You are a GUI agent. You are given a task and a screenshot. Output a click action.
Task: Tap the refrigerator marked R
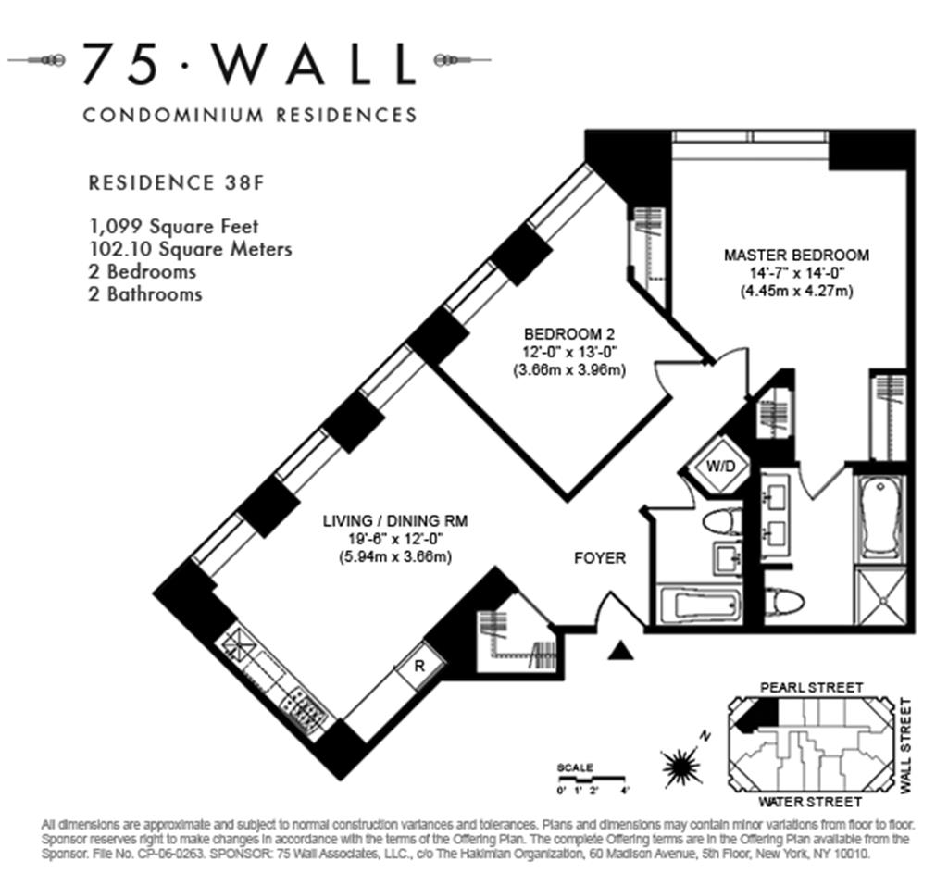click(419, 666)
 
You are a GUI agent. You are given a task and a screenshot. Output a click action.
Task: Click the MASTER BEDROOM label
click(796, 256)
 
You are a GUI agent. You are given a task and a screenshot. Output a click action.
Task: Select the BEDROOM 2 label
click(569, 334)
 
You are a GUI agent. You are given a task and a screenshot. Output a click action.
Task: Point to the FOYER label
click(600, 558)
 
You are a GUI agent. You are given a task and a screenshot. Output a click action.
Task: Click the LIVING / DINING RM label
click(394, 520)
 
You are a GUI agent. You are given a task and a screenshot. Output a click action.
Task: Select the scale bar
click(591, 779)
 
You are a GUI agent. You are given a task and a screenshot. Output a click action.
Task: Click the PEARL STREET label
click(811, 688)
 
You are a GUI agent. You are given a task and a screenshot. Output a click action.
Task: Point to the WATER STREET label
click(809, 803)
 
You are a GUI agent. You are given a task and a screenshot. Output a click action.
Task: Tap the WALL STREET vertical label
click(905, 746)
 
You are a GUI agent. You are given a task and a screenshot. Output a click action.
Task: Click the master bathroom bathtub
click(880, 518)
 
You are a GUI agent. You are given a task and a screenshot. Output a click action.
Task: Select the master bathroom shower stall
click(881, 597)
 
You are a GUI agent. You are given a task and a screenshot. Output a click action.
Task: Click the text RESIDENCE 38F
click(177, 182)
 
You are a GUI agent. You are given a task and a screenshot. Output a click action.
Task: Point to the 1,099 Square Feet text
click(173, 227)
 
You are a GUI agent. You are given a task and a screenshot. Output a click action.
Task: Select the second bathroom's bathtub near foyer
click(699, 604)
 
